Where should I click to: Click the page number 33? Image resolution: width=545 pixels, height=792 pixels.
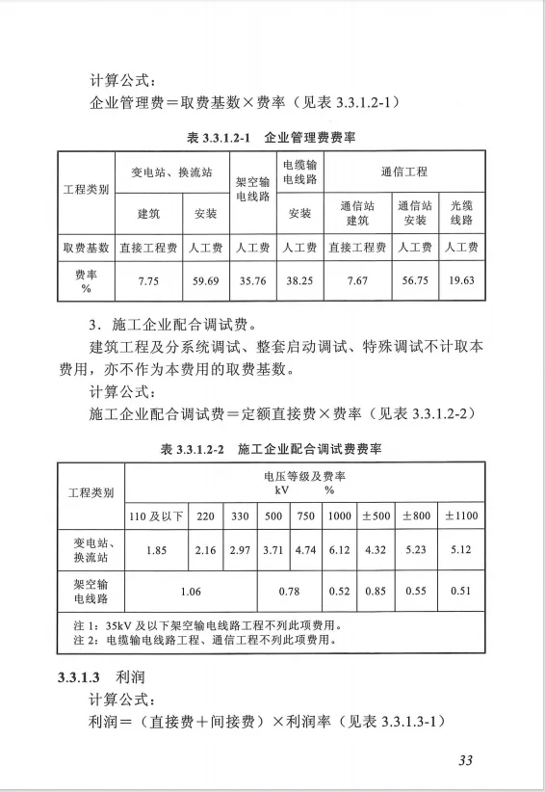(x=466, y=761)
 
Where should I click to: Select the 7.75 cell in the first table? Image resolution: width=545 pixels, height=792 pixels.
(x=147, y=280)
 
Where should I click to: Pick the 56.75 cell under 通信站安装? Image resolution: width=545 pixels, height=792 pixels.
(x=415, y=280)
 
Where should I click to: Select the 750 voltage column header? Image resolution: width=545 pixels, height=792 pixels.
(x=306, y=515)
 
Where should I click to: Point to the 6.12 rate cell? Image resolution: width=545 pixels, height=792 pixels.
(x=339, y=550)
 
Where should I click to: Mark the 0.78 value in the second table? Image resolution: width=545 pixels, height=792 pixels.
(x=288, y=591)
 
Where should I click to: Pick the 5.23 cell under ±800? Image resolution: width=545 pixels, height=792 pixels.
(x=415, y=550)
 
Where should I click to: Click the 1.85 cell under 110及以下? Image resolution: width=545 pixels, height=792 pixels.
(x=147, y=550)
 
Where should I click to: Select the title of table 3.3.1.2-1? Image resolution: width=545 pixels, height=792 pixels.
(x=272, y=138)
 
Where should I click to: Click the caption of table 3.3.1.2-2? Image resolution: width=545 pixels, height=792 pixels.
(x=272, y=450)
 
